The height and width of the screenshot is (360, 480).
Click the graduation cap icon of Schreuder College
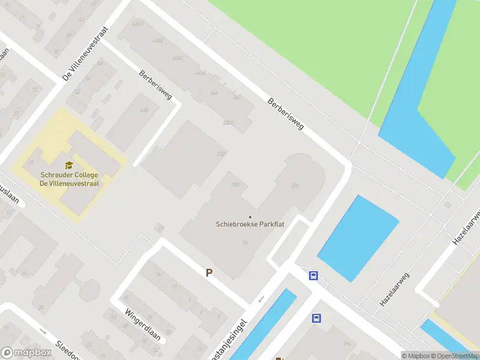(69, 165)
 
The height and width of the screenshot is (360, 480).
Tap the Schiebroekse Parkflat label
(250, 224)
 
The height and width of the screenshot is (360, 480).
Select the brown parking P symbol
(209, 272)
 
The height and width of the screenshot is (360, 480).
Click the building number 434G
(137, 23)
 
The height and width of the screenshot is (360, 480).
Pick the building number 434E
(158, 41)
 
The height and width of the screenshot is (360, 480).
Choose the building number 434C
(178, 58)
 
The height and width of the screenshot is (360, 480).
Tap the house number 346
(214, 92)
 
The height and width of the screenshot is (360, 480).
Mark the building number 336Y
(227, 122)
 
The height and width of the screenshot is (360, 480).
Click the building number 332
(221, 154)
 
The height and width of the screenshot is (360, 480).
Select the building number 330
(235, 184)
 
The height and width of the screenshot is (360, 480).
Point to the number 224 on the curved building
(295, 186)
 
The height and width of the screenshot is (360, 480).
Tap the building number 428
(144, 111)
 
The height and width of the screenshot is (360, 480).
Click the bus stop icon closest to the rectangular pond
(313, 276)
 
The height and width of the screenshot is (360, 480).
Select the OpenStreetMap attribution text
(451, 355)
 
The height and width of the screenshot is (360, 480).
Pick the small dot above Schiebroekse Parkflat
(250, 217)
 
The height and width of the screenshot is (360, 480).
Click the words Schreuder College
(69, 175)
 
